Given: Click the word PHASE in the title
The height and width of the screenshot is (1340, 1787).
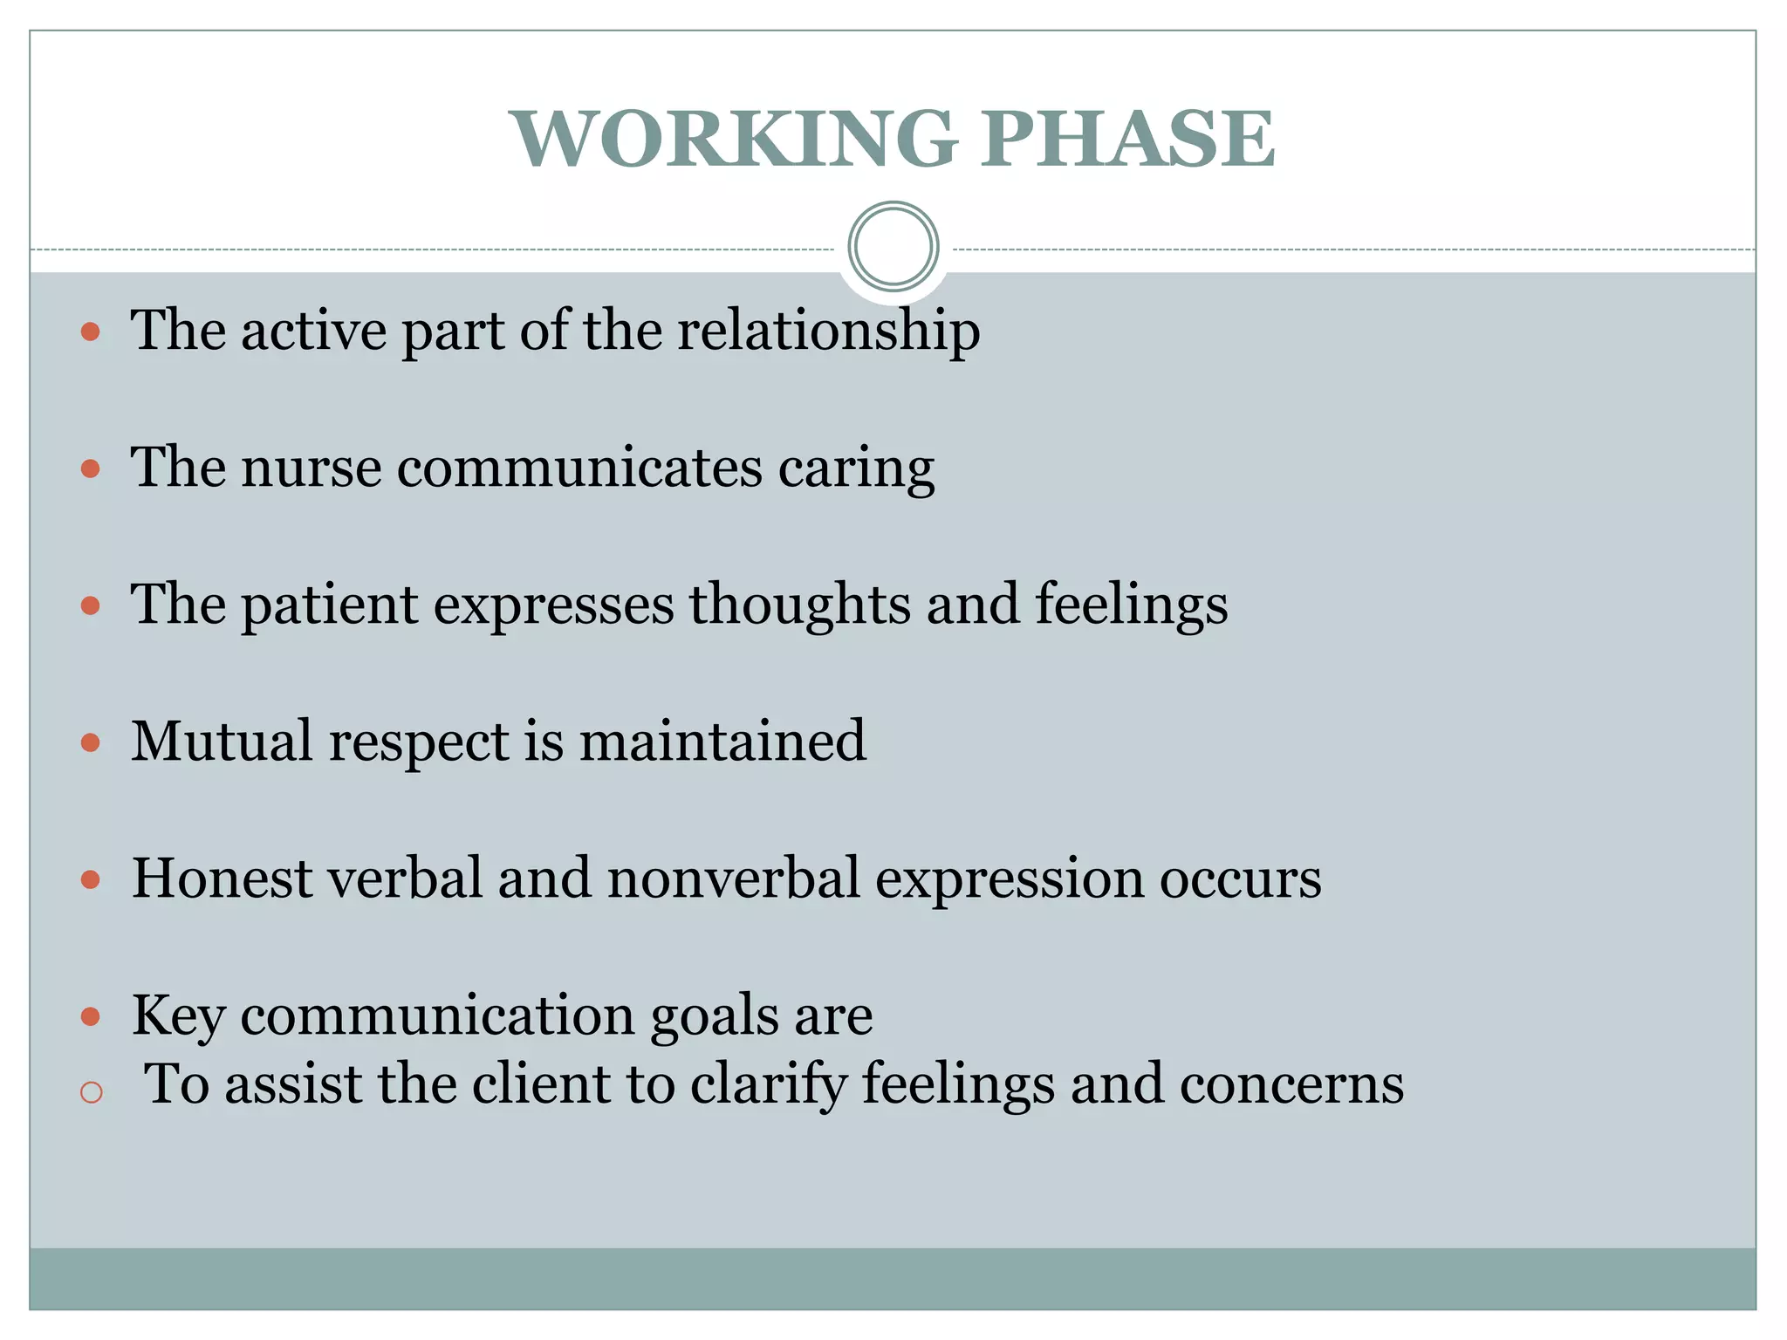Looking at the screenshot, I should pos(1127,140).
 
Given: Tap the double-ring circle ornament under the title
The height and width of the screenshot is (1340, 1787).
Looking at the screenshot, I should pos(893,246).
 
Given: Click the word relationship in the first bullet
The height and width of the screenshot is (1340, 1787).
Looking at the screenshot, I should pos(828,332).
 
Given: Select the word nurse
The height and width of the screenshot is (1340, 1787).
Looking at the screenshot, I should pos(312,468).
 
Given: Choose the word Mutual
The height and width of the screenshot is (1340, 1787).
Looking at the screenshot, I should pos(222,742).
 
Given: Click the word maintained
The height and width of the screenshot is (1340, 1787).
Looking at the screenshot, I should pos(722,742).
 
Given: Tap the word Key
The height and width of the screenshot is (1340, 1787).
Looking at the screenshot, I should pos(178,1017).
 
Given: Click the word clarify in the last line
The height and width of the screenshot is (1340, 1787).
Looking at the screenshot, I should pos(769,1085).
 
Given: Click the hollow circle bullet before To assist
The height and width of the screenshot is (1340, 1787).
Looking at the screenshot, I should pos(92,1092).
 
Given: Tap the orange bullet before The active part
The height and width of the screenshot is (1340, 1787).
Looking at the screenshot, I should pos(91,332).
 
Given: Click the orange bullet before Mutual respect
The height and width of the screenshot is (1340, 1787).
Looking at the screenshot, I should pos(91,743).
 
